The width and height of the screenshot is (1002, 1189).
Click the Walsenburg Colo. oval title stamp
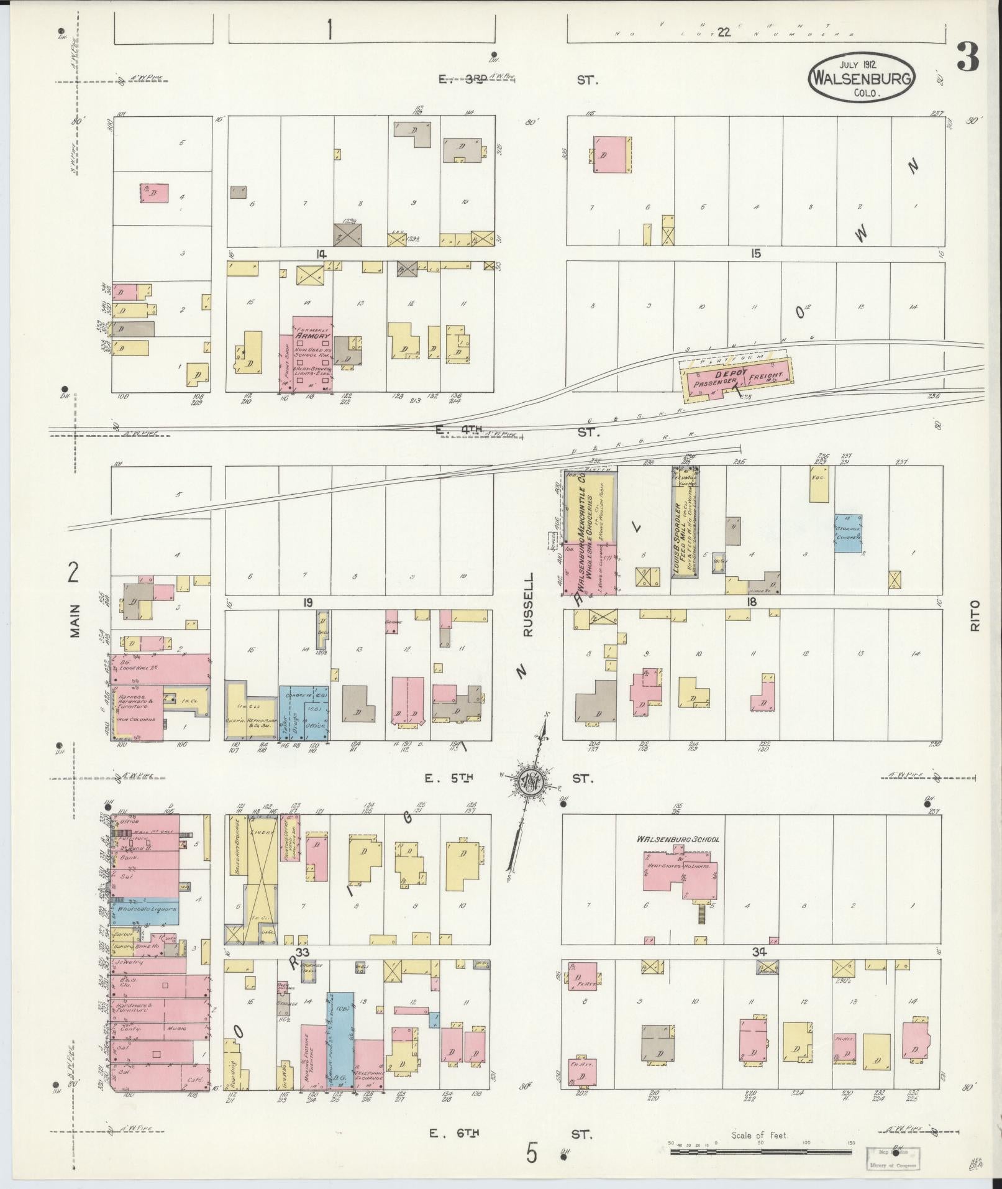[862, 76]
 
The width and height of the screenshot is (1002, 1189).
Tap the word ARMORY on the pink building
[312, 336]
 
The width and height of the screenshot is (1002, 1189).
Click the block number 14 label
[321, 254]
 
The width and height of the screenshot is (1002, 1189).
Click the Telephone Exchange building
[369, 1061]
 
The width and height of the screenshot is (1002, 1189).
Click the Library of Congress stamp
[894, 1158]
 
